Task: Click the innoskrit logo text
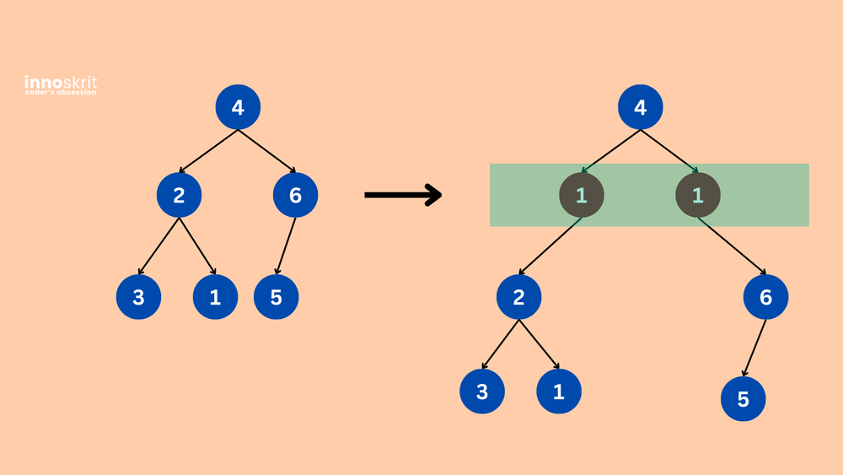tap(61, 83)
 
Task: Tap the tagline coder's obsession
tap(61, 93)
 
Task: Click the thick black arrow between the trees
tap(403, 195)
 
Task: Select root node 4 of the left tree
tap(238, 108)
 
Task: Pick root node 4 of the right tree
tap(641, 108)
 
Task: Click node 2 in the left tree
tap(179, 196)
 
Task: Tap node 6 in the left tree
tap(295, 196)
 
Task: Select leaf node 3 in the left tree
tap(138, 297)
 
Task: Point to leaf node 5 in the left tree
tap(277, 297)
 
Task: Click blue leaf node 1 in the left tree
tap(215, 297)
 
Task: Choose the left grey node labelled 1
tap(582, 196)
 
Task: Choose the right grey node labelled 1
tap(698, 196)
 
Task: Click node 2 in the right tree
tap(519, 297)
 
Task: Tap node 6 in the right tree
tap(765, 297)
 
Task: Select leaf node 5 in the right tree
tap(744, 399)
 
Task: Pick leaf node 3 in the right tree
tap(481, 391)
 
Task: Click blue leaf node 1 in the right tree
tap(559, 391)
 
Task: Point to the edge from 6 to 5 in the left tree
tap(287, 246)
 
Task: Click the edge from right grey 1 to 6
tap(732, 246)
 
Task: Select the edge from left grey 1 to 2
tap(550, 246)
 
